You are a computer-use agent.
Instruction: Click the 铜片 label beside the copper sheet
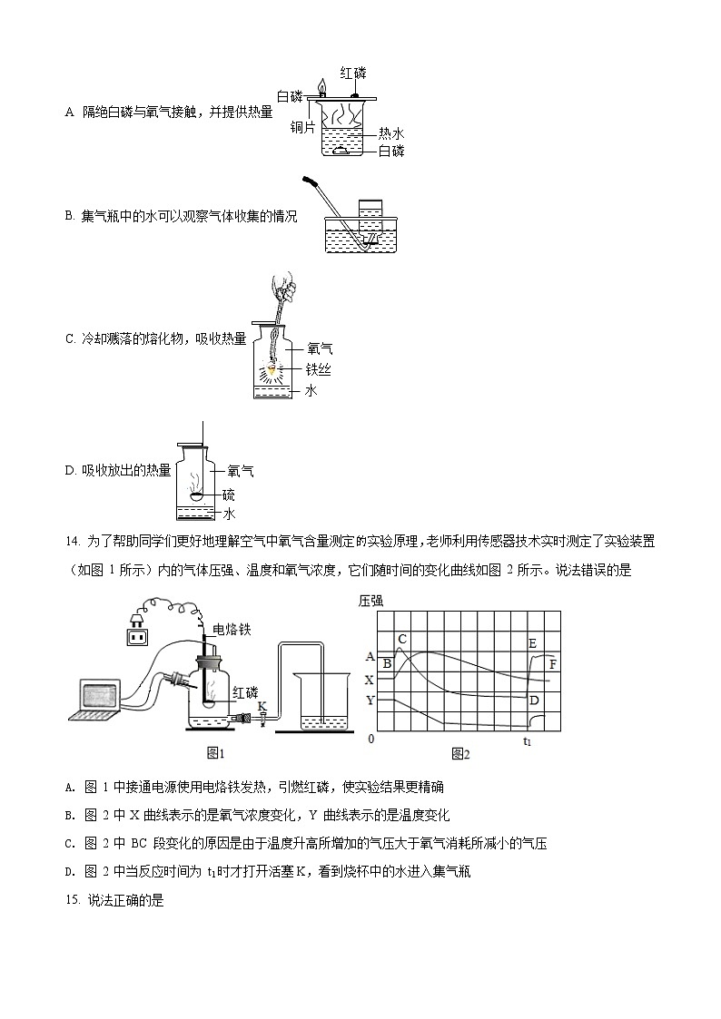pyautogui.click(x=302, y=128)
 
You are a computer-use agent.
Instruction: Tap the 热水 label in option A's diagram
pyautogui.click(x=391, y=132)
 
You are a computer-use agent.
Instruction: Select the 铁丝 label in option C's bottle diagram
pyautogui.click(x=318, y=369)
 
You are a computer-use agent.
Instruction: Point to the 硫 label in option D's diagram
pyautogui.click(x=229, y=494)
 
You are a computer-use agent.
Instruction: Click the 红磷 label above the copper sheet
pyautogui.click(x=352, y=73)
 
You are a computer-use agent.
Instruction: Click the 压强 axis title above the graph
pyautogui.click(x=372, y=601)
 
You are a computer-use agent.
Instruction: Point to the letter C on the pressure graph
pyautogui.click(x=402, y=639)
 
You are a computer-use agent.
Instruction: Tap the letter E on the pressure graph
pyautogui.click(x=532, y=643)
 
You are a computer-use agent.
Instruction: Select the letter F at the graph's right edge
pyautogui.click(x=553, y=665)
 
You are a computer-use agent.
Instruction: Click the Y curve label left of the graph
pyautogui.click(x=369, y=700)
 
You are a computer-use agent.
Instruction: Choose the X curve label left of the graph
pyautogui.click(x=369, y=679)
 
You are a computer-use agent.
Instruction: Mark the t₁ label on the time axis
pyautogui.click(x=527, y=741)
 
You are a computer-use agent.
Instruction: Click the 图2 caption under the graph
pyautogui.click(x=460, y=753)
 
